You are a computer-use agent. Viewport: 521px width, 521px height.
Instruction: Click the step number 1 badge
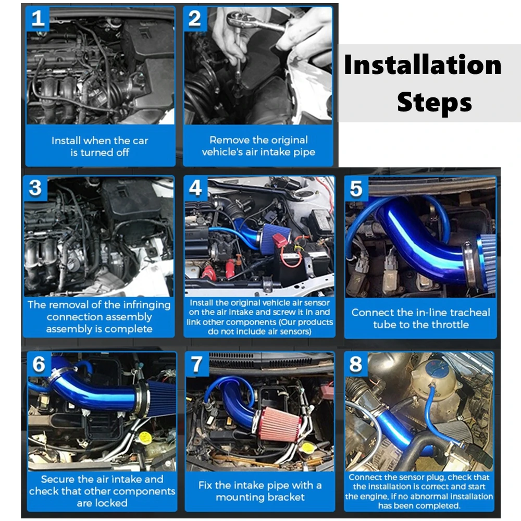point(38,19)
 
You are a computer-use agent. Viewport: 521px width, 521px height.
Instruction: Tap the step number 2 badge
point(195,19)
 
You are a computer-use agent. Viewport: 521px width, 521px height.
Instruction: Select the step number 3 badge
point(35,189)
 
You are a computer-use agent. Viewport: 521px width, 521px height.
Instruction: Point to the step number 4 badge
point(196,189)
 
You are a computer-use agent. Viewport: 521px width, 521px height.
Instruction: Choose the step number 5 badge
point(356,189)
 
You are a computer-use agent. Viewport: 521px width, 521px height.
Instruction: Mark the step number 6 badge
point(39,364)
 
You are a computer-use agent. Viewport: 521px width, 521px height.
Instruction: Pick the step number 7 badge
point(197,364)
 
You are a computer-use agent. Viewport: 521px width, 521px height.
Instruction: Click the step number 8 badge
point(356,364)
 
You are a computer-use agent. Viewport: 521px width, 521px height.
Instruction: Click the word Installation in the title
point(423,65)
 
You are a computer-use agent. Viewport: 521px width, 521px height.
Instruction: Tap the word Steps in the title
point(435,102)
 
